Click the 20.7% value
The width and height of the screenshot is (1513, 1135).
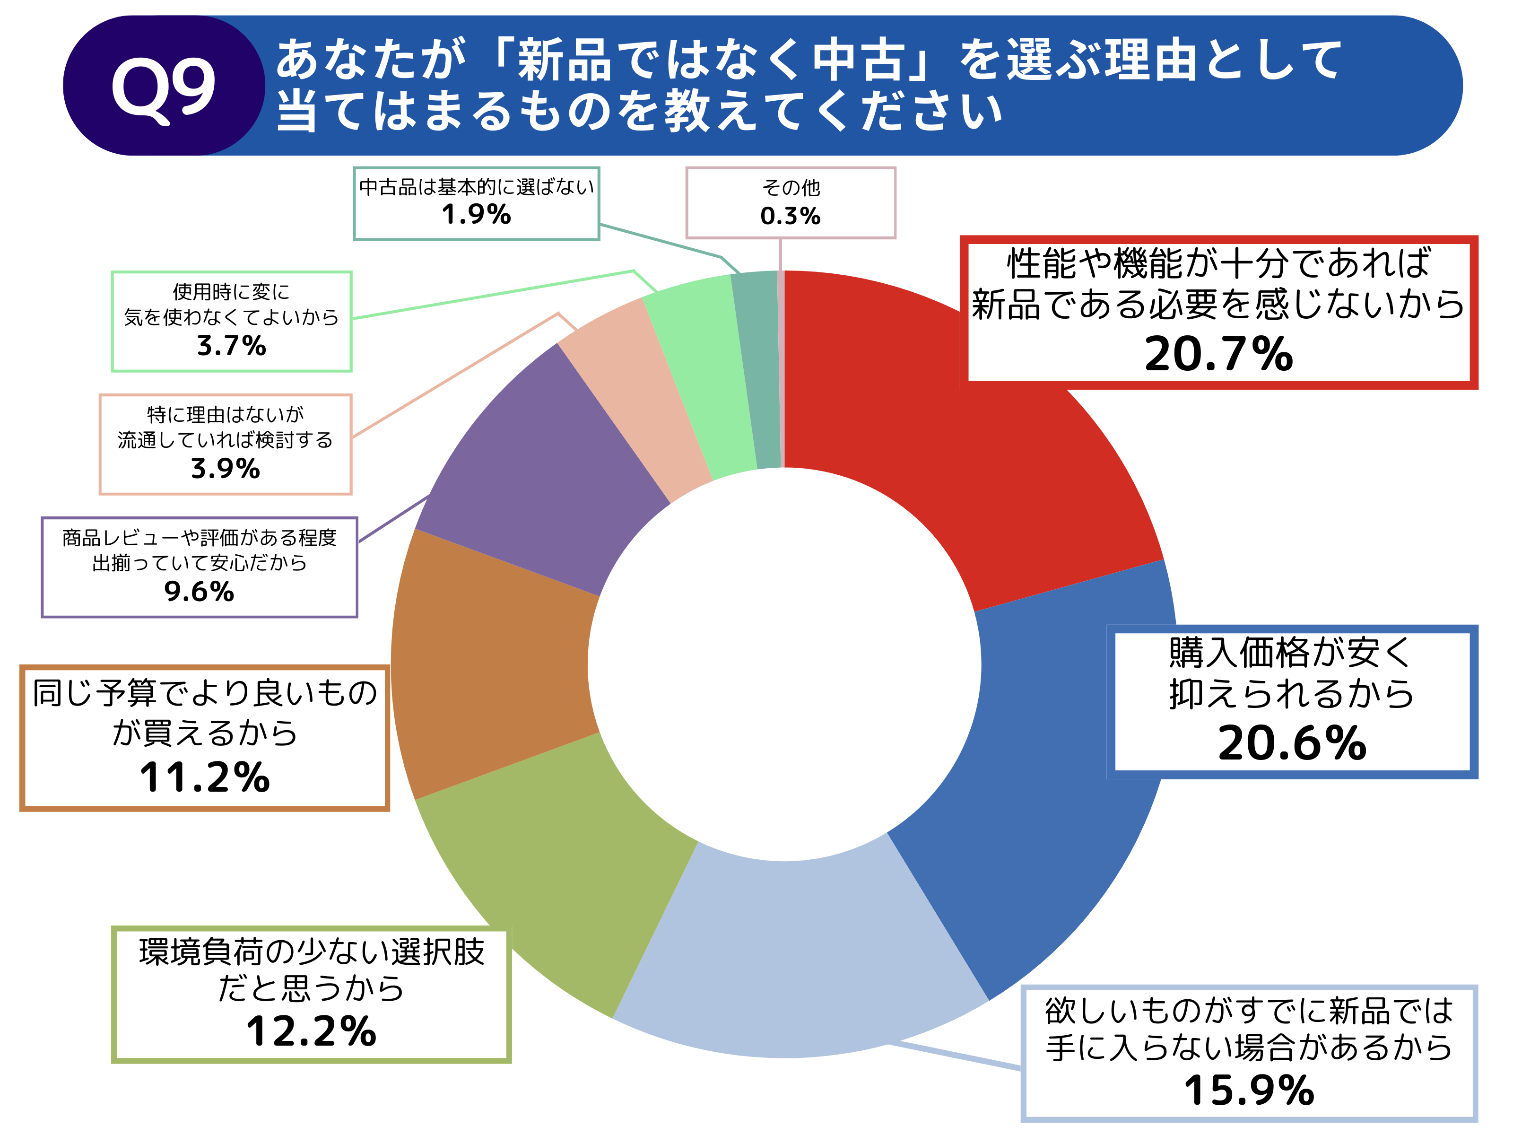[1218, 354]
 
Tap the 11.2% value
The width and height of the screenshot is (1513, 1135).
[205, 778]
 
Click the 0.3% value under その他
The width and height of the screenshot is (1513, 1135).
[790, 216]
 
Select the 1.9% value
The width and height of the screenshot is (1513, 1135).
[476, 215]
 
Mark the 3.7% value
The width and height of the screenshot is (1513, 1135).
[231, 346]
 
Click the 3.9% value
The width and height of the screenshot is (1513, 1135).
[225, 469]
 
